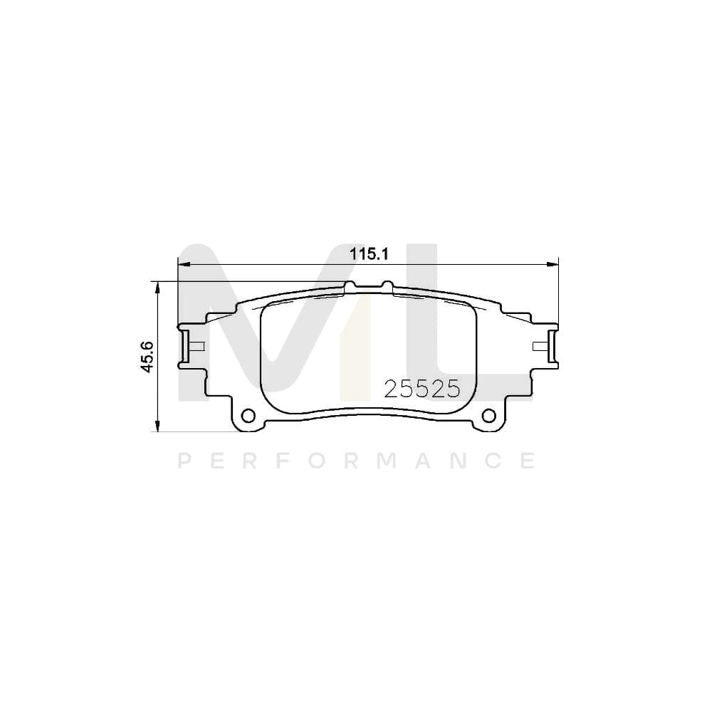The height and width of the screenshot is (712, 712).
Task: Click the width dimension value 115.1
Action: coord(367,253)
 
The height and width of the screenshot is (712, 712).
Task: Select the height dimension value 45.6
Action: coord(147,355)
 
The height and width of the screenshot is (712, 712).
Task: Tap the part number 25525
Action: coord(422,388)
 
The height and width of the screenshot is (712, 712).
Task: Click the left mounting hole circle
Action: coord(248,415)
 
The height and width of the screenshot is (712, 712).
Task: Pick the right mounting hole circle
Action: coord(488,415)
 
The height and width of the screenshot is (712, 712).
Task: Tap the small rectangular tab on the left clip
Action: coord(197,347)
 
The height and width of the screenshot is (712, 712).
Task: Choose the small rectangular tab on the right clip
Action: coord(540,347)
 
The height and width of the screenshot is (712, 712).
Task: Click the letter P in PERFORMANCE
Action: coord(183,461)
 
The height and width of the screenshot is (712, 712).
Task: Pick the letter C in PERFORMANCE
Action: coord(491,461)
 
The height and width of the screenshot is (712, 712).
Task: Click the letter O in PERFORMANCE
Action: coord(316,461)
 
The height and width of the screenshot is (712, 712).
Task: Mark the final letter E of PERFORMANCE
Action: coord(528,461)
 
